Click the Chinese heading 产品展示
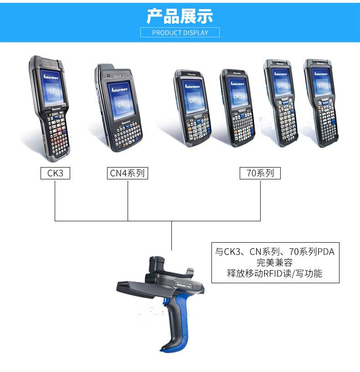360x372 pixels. (180, 15)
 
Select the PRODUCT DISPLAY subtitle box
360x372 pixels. (180, 32)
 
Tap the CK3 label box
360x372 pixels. (55, 173)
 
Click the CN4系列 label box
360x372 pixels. (128, 173)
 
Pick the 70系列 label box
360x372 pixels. (260, 173)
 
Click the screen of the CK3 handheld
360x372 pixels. (51, 87)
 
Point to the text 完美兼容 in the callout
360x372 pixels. (275, 263)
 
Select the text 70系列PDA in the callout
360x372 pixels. (312, 251)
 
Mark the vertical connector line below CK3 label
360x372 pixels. (55, 200)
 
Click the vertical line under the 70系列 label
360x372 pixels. (260, 200)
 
